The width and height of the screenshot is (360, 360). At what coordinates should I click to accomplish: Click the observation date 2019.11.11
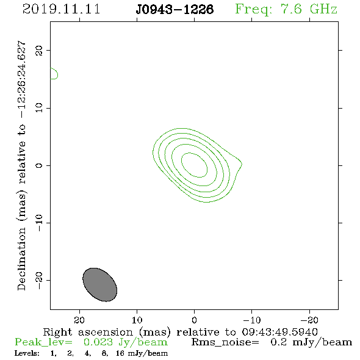(x=61, y=9)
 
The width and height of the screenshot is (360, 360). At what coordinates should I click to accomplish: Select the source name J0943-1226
(x=175, y=9)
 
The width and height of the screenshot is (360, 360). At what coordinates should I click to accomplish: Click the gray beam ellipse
(x=100, y=285)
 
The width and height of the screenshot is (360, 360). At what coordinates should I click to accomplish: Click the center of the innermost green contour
(x=194, y=165)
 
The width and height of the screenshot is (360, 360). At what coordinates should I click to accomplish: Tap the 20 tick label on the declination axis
(x=39, y=50)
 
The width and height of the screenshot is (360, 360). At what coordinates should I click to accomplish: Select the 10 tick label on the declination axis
(x=39, y=108)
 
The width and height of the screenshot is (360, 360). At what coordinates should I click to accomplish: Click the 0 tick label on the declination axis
(x=39, y=165)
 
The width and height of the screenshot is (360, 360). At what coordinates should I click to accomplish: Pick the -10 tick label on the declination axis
(x=39, y=223)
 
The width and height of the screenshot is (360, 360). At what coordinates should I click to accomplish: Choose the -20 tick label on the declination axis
(x=39, y=280)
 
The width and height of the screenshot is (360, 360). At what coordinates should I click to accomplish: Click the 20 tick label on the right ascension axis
(x=79, y=320)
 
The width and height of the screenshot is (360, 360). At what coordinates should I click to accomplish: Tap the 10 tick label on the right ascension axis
(x=137, y=320)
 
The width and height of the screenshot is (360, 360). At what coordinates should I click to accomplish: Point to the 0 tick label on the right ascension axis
(x=194, y=320)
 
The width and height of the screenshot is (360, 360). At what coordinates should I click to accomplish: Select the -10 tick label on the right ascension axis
(x=252, y=320)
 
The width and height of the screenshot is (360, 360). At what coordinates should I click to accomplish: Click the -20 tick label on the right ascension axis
(x=309, y=320)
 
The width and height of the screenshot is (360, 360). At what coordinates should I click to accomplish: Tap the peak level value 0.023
(x=98, y=342)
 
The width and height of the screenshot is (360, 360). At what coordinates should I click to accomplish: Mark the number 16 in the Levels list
(x=120, y=353)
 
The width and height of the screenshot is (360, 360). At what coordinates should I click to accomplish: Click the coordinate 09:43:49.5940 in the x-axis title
(x=280, y=332)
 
